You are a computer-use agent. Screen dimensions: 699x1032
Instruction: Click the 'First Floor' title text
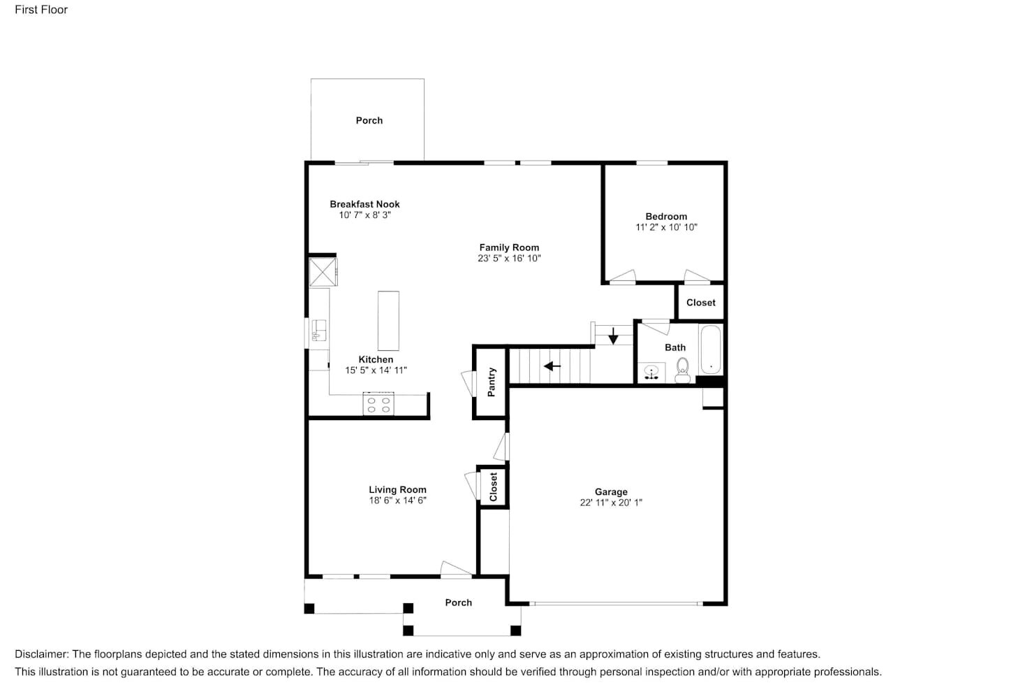click(41, 10)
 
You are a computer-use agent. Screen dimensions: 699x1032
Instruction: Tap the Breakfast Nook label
click(364, 204)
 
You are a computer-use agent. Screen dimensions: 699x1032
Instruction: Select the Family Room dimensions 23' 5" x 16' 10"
click(509, 259)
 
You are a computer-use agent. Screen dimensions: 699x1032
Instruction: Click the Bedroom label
click(666, 217)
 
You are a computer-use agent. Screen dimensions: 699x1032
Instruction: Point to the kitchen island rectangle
click(388, 321)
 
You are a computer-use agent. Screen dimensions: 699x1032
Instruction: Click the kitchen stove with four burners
click(378, 405)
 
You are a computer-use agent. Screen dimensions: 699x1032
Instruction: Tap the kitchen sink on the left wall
click(319, 331)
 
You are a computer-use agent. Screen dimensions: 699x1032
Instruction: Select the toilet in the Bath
click(682, 368)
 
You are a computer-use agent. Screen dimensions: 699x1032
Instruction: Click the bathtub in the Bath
click(711, 350)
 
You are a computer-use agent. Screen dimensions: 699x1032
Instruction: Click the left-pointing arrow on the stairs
click(552, 366)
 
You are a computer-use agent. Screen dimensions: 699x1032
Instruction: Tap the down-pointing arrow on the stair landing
click(613, 336)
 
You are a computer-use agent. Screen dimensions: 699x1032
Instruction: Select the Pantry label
click(492, 382)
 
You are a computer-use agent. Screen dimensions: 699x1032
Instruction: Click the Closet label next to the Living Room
click(493, 487)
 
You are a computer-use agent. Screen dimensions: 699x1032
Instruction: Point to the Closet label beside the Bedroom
click(700, 303)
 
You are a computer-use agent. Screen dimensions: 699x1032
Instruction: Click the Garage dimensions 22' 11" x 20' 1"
click(611, 503)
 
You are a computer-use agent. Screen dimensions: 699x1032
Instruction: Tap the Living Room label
click(397, 490)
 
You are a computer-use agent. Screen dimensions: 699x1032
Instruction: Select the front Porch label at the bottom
click(458, 603)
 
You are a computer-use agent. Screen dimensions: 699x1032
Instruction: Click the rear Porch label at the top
click(369, 120)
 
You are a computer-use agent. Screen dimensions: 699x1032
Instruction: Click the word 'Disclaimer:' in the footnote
click(42, 654)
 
